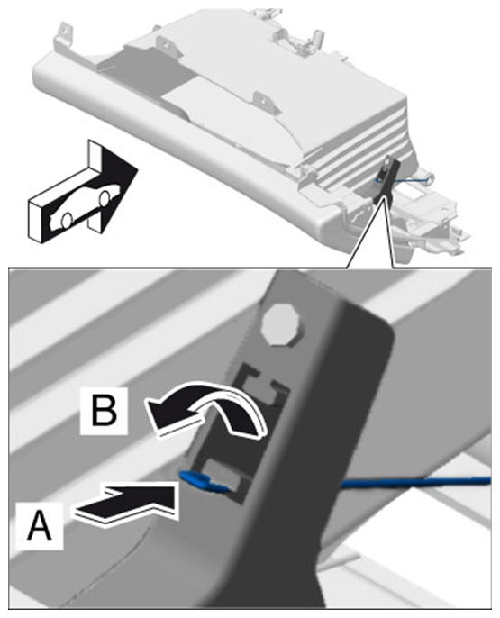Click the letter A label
tap(40, 525)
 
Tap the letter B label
tap(104, 411)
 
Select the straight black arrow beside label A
tap(126, 502)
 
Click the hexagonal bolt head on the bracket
tap(281, 324)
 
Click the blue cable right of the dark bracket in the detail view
tap(415, 482)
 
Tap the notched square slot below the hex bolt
tap(261, 386)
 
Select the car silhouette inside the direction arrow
tap(85, 205)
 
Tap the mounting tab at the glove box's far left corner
tap(63, 33)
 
